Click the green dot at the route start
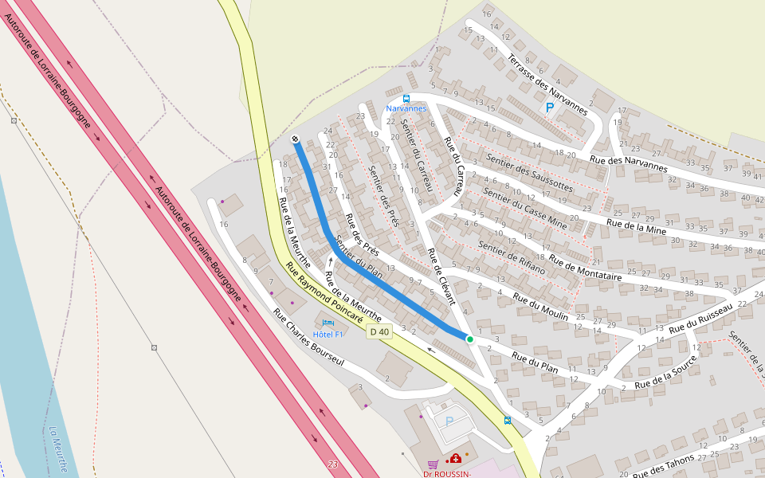(x=470, y=339)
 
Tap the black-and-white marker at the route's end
(x=295, y=139)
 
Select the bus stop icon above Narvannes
(x=406, y=99)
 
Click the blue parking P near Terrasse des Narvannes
(x=549, y=107)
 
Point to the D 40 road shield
(x=380, y=331)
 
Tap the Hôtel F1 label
(x=328, y=334)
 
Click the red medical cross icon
(x=455, y=459)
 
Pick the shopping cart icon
(x=433, y=464)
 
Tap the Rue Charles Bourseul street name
(x=308, y=338)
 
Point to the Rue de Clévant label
(x=441, y=276)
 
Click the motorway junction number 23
(x=332, y=464)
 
